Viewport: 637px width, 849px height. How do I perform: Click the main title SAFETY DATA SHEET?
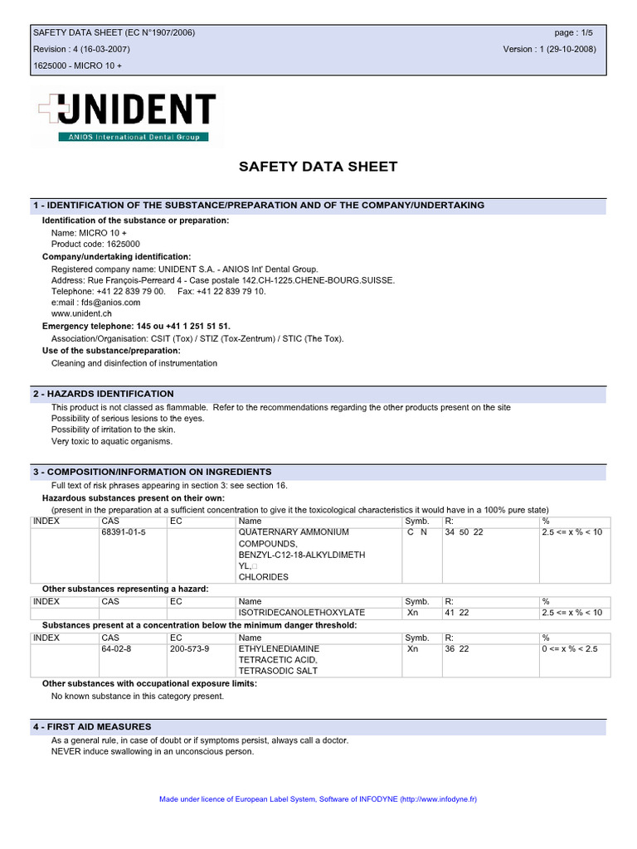(x=318, y=167)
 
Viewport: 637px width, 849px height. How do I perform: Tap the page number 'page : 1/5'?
(x=574, y=32)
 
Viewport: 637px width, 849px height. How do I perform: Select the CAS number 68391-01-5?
(x=124, y=532)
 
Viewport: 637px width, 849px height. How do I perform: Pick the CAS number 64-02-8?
(x=116, y=648)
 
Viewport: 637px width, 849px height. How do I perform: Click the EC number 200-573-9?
(x=190, y=648)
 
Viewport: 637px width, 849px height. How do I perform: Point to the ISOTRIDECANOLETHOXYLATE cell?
(x=301, y=613)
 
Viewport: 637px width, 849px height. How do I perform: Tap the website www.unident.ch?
(x=81, y=314)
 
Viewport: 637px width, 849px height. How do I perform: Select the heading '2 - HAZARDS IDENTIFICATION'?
(x=104, y=394)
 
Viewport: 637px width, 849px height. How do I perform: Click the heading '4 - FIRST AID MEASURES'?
(x=92, y=726)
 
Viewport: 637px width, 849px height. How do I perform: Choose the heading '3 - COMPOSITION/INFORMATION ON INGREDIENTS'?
(x=153, y=472)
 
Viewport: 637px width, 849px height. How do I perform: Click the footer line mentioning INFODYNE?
(x=318, y=799)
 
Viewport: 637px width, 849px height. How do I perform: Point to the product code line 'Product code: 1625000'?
(x=95, y=245)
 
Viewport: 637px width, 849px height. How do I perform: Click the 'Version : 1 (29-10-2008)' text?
(x=549, y=49)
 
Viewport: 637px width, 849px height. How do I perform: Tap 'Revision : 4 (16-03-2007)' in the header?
(x=81, y=49)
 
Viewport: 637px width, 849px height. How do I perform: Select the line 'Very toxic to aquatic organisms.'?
(x=112, y=442)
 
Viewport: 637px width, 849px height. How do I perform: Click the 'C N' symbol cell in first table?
(x=417, y=532)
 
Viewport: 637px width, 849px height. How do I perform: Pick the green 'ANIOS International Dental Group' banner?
(x=133, y=137)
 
